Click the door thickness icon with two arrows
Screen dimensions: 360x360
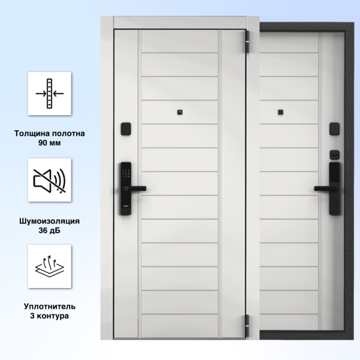50,94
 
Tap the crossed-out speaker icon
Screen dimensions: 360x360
50,180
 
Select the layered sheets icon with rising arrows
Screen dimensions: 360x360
50,266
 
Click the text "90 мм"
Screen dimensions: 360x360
50,143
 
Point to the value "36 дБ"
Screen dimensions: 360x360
50,230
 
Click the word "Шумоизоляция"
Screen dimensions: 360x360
50,221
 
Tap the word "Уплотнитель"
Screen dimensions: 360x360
50,307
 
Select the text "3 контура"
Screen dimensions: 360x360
50,316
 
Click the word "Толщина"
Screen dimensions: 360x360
31,134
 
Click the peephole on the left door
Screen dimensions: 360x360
180,112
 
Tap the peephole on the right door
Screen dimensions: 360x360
280,112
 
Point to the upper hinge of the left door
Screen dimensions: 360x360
247,41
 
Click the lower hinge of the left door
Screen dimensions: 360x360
247,326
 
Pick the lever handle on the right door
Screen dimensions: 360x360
325,189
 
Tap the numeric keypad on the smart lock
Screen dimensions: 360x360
126,173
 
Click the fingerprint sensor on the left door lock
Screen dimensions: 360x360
126,189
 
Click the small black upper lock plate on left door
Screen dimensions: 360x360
126,129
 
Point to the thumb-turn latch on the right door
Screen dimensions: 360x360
335,155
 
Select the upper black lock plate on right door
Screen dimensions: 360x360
335,129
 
